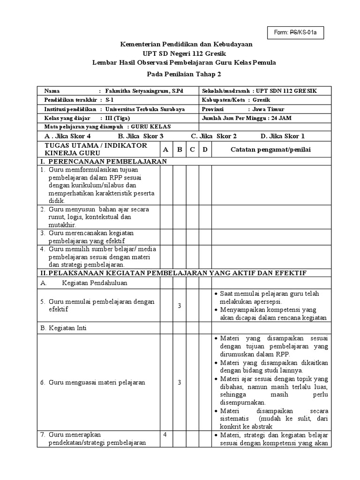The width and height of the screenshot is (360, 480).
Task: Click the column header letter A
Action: (165, 150)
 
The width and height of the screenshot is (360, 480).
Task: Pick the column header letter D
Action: (205, 150)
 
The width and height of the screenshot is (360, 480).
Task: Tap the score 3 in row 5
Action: (179, 306)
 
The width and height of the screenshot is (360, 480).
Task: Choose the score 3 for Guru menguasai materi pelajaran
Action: (179, 382)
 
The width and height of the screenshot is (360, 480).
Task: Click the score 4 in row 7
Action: (165, 435)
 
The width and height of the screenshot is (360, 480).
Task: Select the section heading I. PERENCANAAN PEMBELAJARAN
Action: (103, 161)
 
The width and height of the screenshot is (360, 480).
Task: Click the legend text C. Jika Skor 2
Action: (213, 136)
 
